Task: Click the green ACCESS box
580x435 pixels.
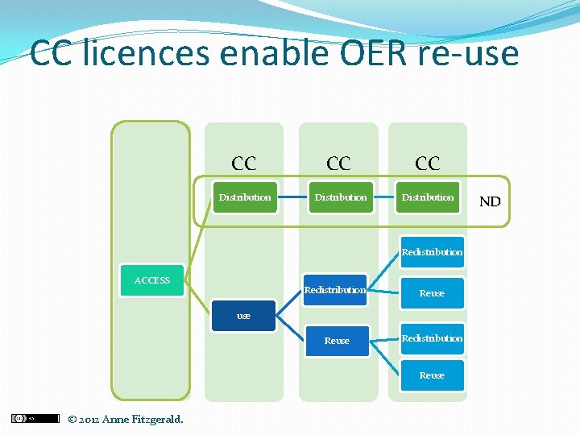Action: (151, 280)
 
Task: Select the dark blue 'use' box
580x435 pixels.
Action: (243, 316)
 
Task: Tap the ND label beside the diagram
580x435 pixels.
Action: (490, 201)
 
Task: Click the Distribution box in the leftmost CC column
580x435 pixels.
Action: (245, 197)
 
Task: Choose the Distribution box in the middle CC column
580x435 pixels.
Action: (340, 197)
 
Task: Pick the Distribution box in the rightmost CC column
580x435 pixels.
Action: (428, 197)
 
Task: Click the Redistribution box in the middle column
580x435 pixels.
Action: (335, 290)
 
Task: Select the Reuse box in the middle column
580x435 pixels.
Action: (337, 341)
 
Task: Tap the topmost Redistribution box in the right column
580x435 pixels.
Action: (432, 252)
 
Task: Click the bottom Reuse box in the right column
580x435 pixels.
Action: (432, 375)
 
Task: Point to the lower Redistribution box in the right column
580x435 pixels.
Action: (432, 338)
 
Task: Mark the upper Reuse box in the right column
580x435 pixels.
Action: (432, 293)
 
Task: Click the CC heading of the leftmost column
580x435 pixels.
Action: (244, 164)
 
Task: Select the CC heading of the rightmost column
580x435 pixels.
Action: (428, 164)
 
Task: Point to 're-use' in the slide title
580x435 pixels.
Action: (467, 54)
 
